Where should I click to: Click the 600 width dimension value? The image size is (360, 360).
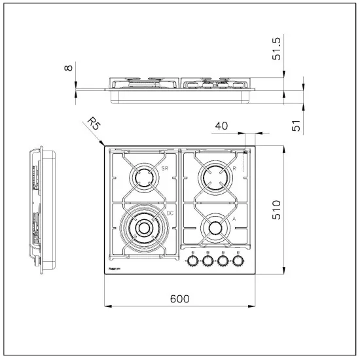(x=180, y=298)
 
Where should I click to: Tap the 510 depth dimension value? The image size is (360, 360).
(x=276, y=209)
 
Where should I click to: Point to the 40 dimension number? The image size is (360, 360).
(x=222, y=126)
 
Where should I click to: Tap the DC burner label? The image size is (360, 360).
(x=170, y=213)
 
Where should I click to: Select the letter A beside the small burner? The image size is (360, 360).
(x=234, y=220)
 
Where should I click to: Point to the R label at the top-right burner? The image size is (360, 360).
(x=234, y=169)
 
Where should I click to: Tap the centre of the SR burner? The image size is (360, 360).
(x=143, y=177)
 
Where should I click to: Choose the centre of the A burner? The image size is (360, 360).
(x=215, y=228)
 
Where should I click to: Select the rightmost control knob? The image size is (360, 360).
(x=240, y=262)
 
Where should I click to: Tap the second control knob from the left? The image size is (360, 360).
(x=209, y=262)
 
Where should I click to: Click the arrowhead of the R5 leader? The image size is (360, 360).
(x=104, y=145)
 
